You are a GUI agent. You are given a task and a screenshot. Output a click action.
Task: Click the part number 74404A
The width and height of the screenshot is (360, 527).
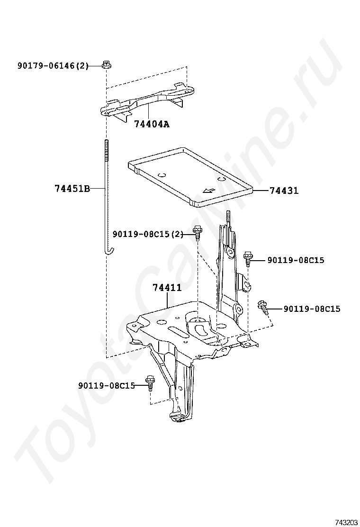tap(152, 124)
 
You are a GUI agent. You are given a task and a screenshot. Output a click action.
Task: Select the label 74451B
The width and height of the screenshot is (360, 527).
tap(72, 189)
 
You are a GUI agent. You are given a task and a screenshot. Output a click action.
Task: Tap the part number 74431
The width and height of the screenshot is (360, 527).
tap(284, 191)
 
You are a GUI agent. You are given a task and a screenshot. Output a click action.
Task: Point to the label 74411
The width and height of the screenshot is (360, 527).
tap(167, 288)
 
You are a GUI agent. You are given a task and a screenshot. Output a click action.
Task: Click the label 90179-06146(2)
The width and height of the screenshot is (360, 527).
tap(53, 66)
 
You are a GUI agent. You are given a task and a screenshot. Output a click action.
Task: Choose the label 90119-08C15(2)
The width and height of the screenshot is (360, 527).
tap(148, 234)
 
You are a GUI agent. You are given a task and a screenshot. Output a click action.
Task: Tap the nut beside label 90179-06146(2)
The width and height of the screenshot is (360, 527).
tap(106, 64)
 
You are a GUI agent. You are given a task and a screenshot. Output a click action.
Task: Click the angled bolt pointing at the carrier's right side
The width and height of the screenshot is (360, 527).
tap(263, 307)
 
